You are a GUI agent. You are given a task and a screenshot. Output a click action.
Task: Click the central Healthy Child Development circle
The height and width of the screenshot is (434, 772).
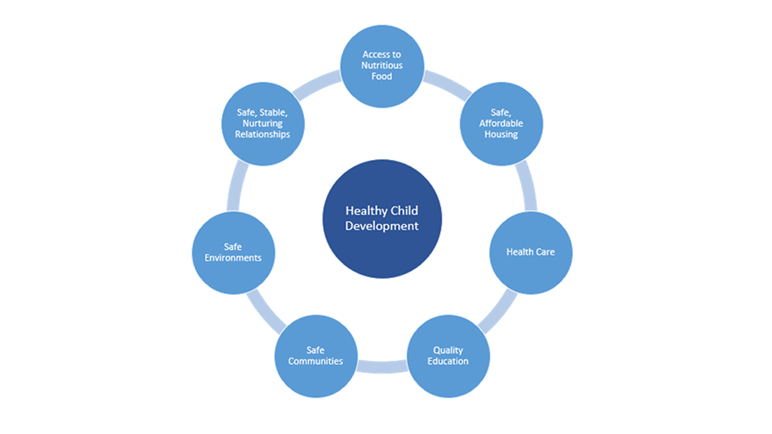(x=382, y=219)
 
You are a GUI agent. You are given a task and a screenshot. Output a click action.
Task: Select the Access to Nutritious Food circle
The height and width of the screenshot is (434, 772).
(x=383, y=66)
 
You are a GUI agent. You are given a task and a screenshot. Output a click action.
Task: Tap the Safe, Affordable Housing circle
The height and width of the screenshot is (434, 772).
(x=501, y=124)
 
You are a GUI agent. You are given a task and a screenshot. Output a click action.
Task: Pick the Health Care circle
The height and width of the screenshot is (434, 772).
(x=530, y=252)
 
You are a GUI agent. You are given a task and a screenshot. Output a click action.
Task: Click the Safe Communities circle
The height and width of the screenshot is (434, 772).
(x=315, y=356)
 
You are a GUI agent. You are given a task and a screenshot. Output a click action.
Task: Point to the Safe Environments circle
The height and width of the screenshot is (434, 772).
(x=233, y=252)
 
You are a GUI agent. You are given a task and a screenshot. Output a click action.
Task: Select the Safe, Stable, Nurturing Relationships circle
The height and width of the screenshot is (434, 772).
(x=262, y=124)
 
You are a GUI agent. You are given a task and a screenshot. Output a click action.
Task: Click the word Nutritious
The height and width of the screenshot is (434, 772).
(x=383, y=66)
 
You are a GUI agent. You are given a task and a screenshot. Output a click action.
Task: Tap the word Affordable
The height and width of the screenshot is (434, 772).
(x=501, y=124)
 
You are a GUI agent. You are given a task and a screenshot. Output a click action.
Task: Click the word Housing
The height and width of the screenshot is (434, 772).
(x=501, y=134)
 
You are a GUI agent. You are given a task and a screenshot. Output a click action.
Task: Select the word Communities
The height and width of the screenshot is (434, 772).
(x=315, y=362)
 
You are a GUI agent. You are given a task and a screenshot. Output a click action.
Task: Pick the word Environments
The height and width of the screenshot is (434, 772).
(x=233, y=258)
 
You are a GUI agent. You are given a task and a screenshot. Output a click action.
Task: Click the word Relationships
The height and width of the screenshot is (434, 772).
(x=262, y=134)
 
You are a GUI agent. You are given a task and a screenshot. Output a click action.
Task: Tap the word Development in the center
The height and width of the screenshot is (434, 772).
(x=382, y=227)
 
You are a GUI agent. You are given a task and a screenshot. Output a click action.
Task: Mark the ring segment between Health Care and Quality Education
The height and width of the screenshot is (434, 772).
(x=497, y=310)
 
